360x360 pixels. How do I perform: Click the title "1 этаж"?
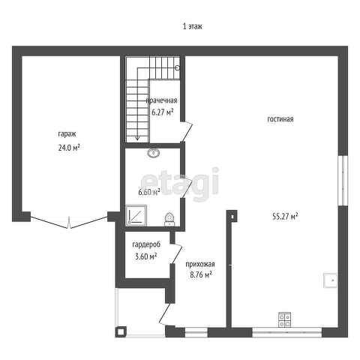(193, 26)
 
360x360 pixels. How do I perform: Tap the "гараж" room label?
(67, 134)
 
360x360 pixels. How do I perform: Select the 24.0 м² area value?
(69, 148)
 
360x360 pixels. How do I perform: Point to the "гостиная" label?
(280, 119)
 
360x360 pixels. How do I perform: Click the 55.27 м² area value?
(285, 216)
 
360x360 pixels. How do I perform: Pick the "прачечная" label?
(161, 100)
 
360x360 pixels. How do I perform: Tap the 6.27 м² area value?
(163, 112)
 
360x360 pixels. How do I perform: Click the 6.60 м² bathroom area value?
(149, 192)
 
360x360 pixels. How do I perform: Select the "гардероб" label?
(146, 244)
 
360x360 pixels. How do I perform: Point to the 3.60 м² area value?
(145, 256)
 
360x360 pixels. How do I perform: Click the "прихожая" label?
(200, 264)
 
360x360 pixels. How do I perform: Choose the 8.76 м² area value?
(201, 275)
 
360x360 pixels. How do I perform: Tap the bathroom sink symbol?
(154, 153)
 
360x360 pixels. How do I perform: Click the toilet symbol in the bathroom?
(169, 219)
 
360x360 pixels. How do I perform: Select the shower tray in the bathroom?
(136, 215)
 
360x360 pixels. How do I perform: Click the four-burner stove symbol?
(285, 319)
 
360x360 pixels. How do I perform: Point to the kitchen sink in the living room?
(331, 280)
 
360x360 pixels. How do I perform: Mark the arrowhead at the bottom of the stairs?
(137, 138)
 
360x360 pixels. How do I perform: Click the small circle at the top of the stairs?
(178, 67)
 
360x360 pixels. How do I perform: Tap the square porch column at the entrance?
(121, 331)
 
